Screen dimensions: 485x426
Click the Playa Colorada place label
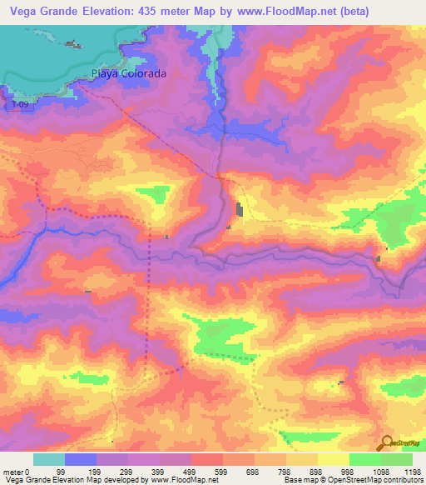[128, 73]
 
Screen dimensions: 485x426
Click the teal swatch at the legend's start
[49, 459]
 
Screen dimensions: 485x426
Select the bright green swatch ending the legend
[397, 459]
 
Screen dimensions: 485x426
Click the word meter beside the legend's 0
[14, 472]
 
